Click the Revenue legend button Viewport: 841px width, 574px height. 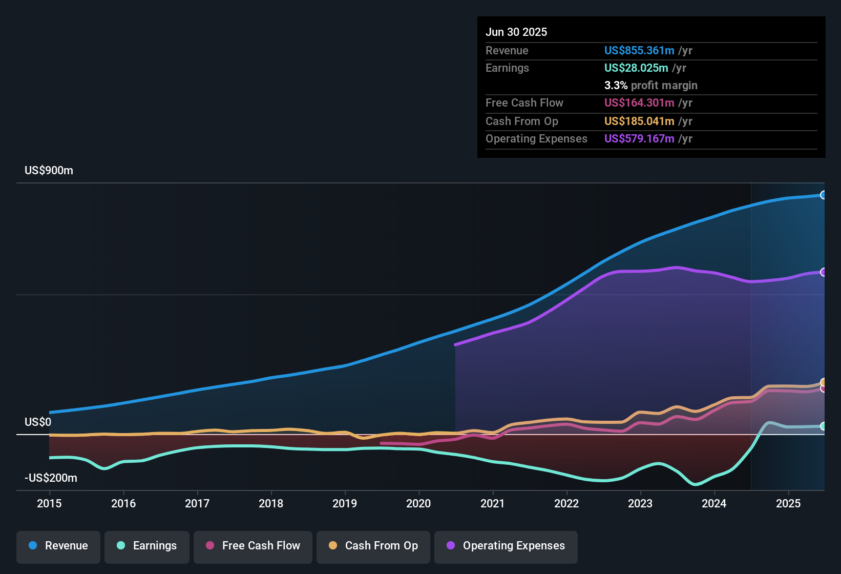pos(58,546)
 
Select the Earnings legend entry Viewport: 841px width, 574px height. pos(147,546)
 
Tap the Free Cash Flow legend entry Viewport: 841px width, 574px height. pos(253,546)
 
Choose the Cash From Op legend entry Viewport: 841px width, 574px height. pos(373,546)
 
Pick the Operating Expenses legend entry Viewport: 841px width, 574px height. pos(506,546)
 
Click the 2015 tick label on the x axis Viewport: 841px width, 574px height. pos(49,503)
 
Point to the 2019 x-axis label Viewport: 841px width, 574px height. pos(345,503)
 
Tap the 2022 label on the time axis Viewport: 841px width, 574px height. pos(566,503)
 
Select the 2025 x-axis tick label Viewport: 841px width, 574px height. pos(788,503)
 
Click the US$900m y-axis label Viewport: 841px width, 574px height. pos(49,171)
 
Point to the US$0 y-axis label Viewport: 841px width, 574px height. pos(38,422)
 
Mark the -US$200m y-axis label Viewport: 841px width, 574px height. pos(51,478)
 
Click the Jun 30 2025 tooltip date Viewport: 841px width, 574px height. pos(516,32)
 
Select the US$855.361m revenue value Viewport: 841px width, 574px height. pos(639,50)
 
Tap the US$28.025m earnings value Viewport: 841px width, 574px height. pos(636,68)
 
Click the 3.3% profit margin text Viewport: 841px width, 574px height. pos(650,85)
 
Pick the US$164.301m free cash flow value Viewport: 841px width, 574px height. pos(639,102)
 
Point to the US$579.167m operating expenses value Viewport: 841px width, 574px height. pos(639,138)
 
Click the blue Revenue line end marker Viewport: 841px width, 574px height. pos(823,195)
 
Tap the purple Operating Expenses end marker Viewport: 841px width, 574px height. pos(823,272)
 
